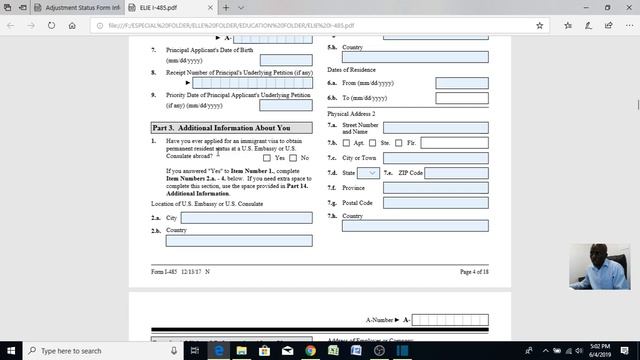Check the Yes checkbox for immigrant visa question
267,157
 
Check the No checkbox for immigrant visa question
295,157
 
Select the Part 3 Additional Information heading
221,128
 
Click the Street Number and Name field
435,128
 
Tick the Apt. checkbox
346,143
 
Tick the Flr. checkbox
399,143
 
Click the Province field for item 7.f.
435,188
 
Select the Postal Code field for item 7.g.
435,203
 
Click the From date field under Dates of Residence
462,83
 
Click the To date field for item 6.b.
462,98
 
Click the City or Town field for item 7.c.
435,158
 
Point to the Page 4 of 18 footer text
479,271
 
